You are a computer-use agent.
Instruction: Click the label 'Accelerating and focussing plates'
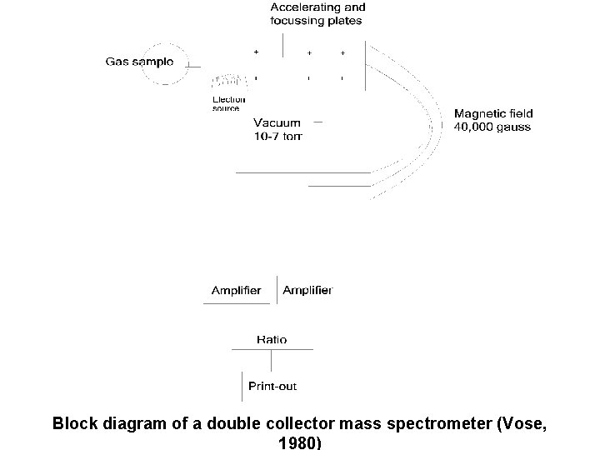(x=317, y=14)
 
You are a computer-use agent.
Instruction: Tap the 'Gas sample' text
(x=139, y=61)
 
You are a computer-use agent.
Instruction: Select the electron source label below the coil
(x=227, y=103)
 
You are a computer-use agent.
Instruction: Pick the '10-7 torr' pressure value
(x=277, y=135)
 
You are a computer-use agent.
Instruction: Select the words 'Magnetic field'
(x=493, y=113)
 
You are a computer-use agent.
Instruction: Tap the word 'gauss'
(x=514, y=127)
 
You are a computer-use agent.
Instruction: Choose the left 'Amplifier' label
(x=236, y=291)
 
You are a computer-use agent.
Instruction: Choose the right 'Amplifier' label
(x=307, y=291)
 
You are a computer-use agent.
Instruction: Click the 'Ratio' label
(x=271, y=340)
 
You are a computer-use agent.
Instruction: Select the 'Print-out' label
(x=272, y=386)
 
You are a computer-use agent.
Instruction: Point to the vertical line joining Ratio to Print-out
(x=272, y=360)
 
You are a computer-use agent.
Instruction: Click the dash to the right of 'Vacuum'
(x=317, y=121)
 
